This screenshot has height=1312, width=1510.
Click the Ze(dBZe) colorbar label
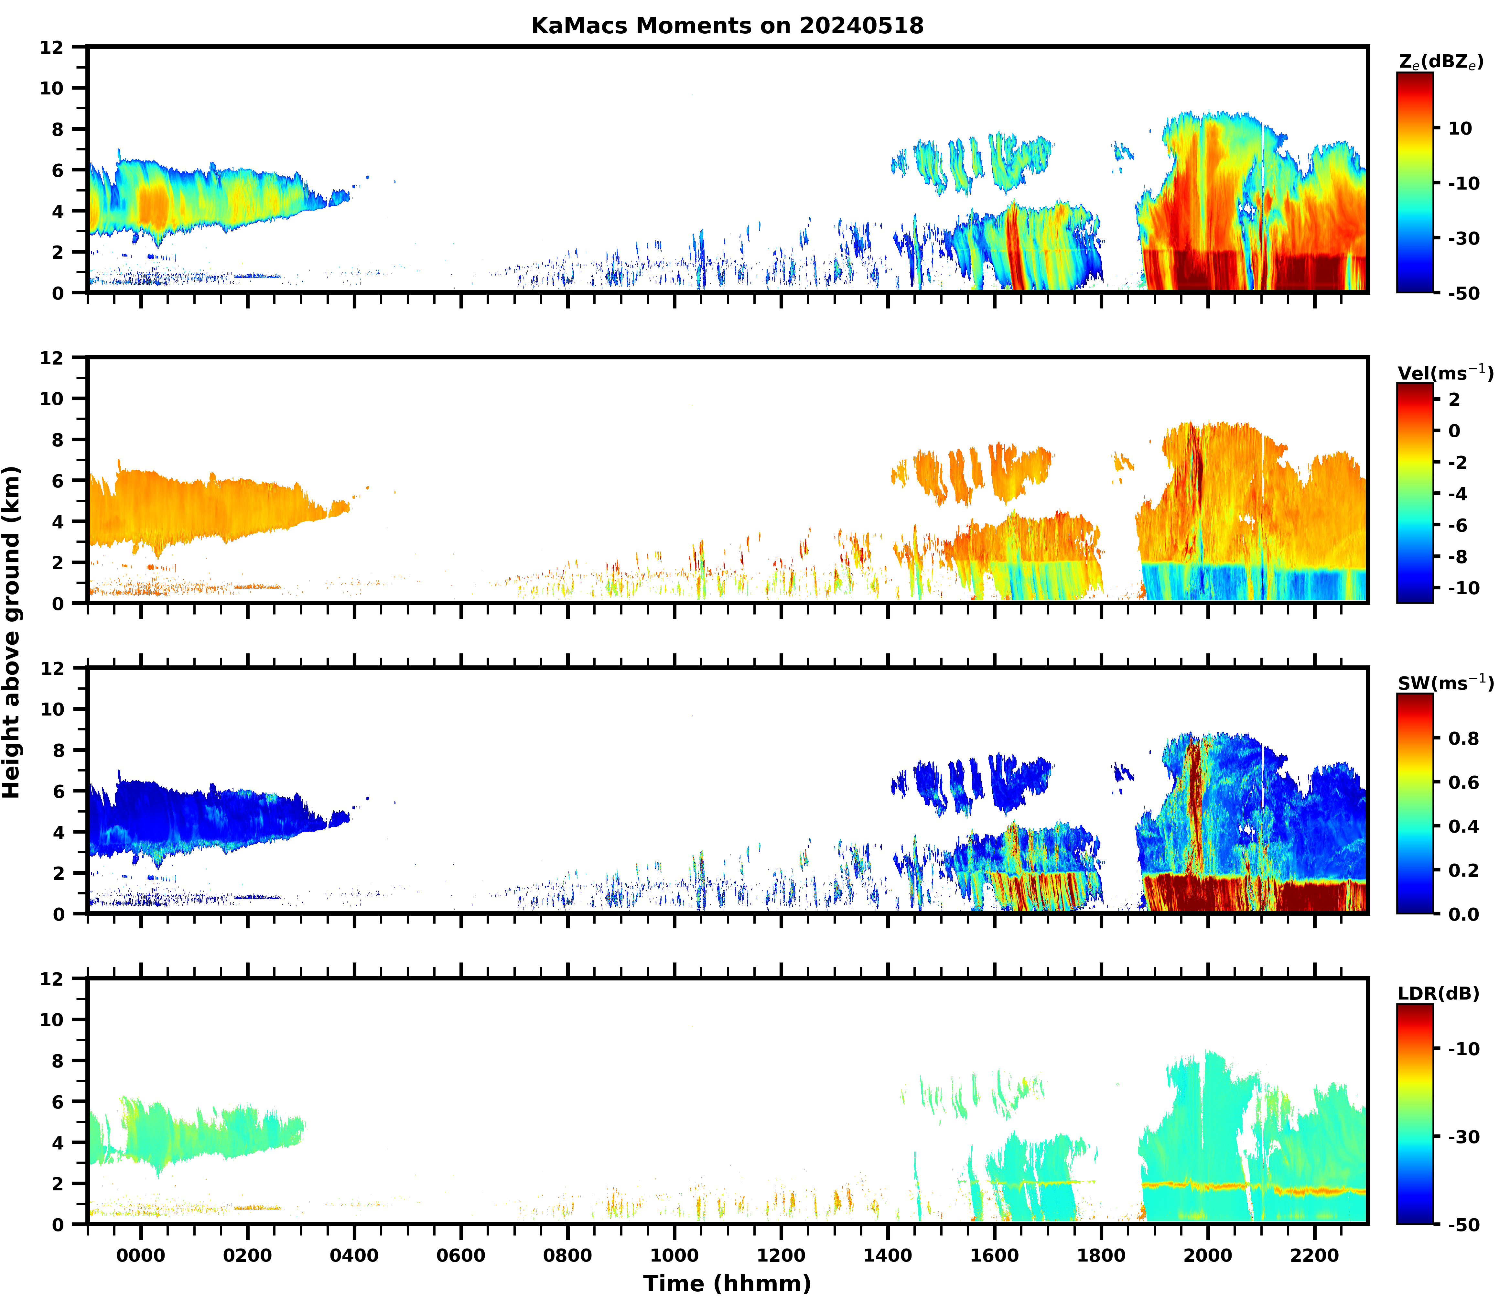coord(1440,63)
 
